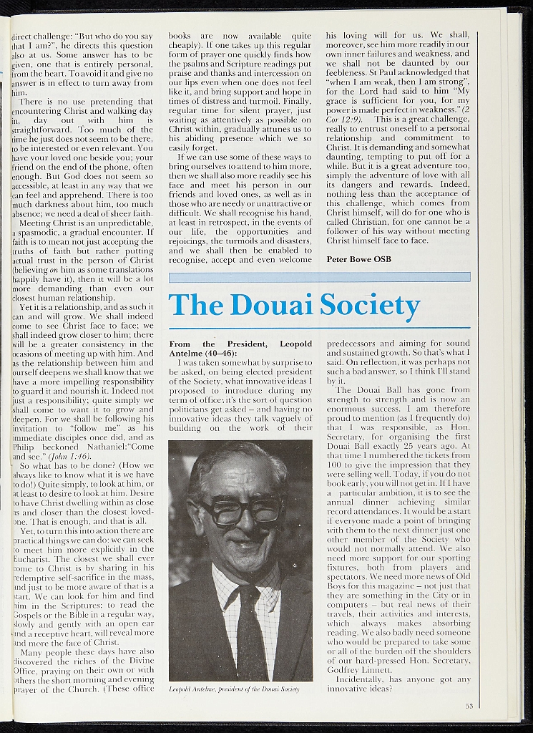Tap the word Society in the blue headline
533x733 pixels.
(x=370, y=306)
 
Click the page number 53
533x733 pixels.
(x=469, y=706)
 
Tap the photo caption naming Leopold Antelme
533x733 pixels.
(x=233, y=689)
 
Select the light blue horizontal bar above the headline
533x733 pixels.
(x=319, y=276)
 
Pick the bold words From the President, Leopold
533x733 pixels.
(x=240, y=344)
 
